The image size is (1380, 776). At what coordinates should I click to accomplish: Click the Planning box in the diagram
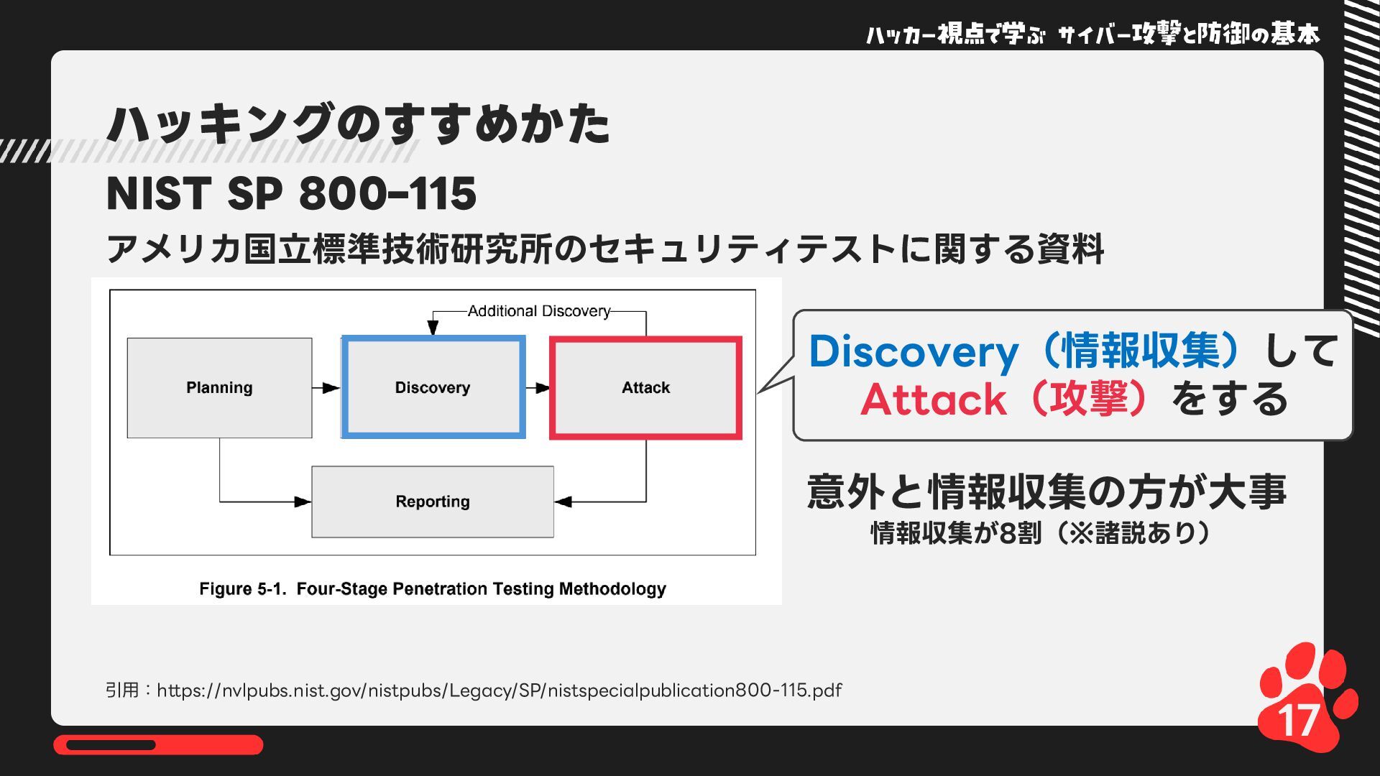click(x=219, y=388)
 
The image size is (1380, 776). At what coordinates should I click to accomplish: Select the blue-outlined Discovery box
click(x=433, y=388)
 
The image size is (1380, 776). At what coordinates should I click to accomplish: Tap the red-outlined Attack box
click(x=645, y=388)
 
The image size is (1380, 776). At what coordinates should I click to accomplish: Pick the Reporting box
click(x=432, y=502)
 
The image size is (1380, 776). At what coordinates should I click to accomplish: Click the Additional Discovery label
click(x=538, y=311)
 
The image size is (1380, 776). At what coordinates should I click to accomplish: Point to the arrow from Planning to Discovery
click(x=326, y=388)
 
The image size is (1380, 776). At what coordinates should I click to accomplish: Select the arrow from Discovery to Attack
click(x=538, y=388)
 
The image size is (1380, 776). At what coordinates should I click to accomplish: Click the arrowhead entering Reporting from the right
click(x=563, y=502)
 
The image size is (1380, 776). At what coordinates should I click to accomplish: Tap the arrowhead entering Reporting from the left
click(x=303, y=502)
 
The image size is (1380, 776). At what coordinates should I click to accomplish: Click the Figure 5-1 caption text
click(x=432, y=589)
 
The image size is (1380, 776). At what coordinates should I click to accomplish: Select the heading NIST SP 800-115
click(x=291, y=193)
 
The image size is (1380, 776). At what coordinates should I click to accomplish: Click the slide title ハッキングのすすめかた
click(x=358, y=124)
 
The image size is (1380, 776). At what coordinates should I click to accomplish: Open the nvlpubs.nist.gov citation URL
click(x=499, y=690)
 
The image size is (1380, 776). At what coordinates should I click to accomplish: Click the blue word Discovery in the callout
click(x=914, y=352)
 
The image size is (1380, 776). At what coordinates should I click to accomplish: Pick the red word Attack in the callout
click(x=933, y=399)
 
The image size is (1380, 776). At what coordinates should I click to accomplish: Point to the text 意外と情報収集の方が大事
click(x=1046, y=492)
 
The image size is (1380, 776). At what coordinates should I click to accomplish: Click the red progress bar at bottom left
click(x=158, y=745)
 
